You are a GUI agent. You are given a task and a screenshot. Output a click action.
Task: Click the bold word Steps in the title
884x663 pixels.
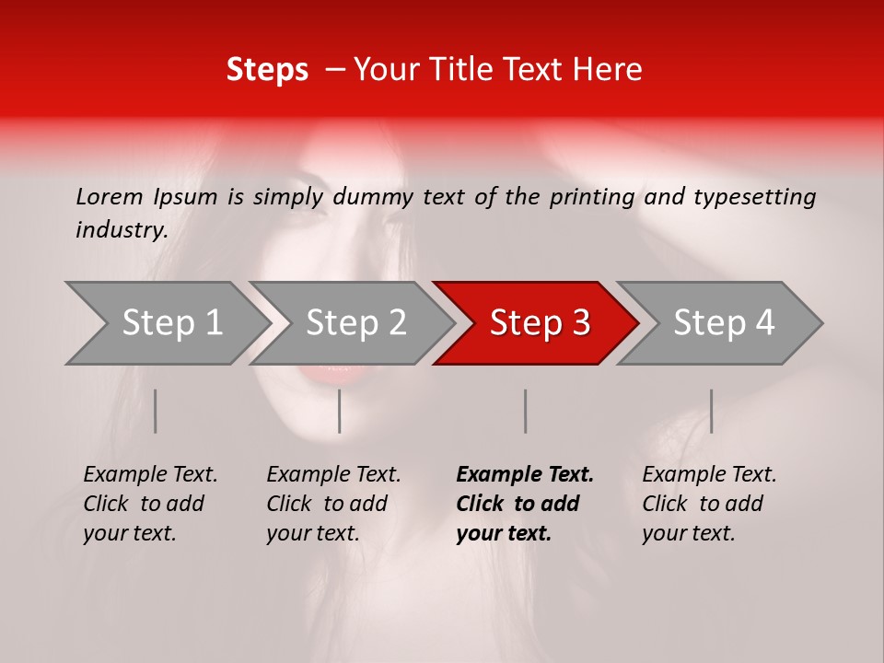pyautogui.click(x=267, y=70)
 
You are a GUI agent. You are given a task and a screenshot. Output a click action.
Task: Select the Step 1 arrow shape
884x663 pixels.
pyautogui.click(x=166, y=323)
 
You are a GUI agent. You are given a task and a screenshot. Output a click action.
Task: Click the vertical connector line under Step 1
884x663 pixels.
pyautogui.click(x=156, y=411)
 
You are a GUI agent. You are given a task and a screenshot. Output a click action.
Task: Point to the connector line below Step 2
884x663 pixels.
pyautogui.click(x=340, y=411)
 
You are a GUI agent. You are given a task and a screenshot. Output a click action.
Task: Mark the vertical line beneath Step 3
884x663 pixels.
pyautogui.click(x=526, y=411)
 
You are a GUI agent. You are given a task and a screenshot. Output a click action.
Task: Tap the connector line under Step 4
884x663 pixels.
pyautogui.click(x=711, y=411)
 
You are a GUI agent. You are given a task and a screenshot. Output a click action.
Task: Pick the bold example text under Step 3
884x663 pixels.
pyautogui.click(x=524, y=504)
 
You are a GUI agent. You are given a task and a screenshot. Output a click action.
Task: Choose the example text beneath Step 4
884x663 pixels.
pyautogui.click(x=708, y=504)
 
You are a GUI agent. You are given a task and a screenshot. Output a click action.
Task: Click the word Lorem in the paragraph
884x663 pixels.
pyautogui.click(x=110, y=196)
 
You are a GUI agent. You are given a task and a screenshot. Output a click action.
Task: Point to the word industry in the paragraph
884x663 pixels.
pyautogui.click(x=121, y=230)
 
